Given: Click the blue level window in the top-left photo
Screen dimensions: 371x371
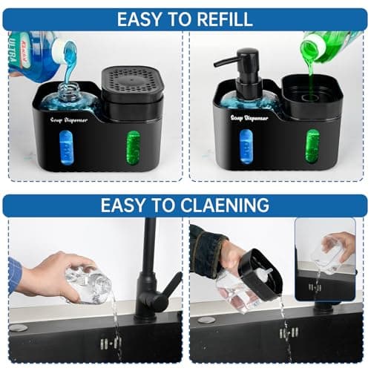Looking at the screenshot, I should point(65,145).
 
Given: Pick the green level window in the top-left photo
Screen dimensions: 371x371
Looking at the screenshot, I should point(133,145).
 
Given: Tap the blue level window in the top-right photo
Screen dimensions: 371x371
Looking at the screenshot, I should point(245,145).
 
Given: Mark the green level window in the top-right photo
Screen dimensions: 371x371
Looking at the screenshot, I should point(312,145).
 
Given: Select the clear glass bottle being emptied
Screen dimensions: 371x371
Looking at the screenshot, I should point(88,285).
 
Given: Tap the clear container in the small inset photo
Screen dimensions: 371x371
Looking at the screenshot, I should point(327,257).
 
